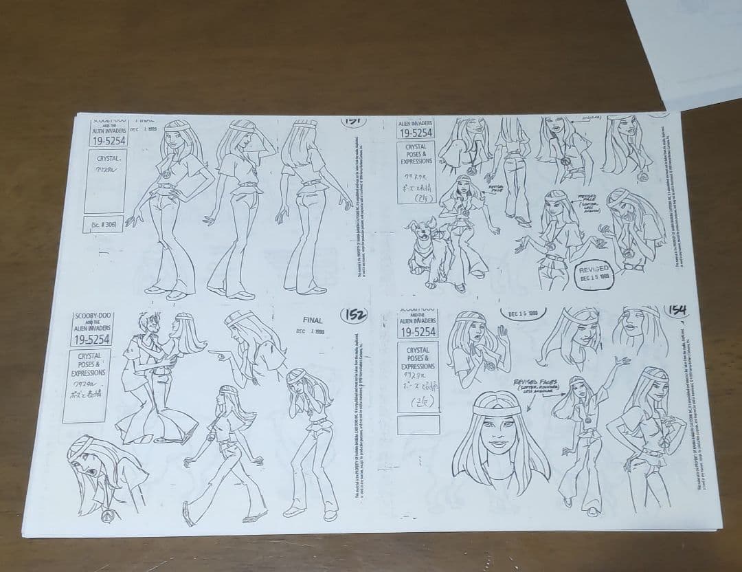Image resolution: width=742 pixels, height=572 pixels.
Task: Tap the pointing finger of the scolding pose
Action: (x=214, y=355)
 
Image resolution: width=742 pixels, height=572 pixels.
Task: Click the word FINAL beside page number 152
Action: (x=313, y=320)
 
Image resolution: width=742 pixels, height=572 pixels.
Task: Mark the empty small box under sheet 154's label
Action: (x=417, y=424)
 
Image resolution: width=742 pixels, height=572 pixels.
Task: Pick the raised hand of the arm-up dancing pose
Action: (x=622, y=360)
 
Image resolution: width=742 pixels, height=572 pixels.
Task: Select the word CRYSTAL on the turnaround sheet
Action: (x=107, y=159)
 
